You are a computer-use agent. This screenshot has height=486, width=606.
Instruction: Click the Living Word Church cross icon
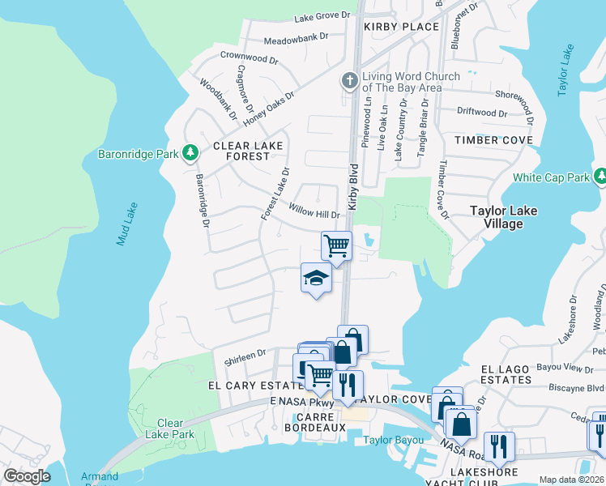coord(349,81)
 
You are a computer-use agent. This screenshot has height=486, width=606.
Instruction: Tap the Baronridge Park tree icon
coord(190,152)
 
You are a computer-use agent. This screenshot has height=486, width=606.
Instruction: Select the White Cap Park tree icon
coord(600,177)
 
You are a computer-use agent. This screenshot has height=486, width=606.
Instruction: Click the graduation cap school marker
coord(316,279)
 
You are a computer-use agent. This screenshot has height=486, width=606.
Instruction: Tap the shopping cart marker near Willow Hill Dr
coord(336,245)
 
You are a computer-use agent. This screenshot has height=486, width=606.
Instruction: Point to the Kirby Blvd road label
coord(353,188)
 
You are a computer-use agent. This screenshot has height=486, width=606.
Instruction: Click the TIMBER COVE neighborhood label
coord(493,140)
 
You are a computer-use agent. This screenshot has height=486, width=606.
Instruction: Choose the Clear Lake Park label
coord(170,428)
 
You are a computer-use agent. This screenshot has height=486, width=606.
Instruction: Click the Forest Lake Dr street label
coord(274,194)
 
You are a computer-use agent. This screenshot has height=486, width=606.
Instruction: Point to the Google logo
coord(28,476)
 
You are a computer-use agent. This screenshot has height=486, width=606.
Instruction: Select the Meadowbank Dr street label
coord(297,36)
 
